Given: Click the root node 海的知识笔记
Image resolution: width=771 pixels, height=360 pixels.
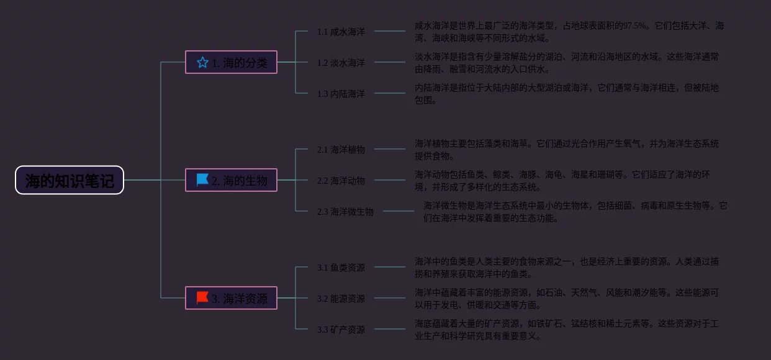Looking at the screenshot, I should pyautogui.click(x=70, y=181).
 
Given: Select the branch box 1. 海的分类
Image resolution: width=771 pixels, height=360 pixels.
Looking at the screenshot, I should pyautogui.click(x=231, y=62).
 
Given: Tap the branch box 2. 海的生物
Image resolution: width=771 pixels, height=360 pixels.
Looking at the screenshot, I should pyautogui.click(x=231, y=180).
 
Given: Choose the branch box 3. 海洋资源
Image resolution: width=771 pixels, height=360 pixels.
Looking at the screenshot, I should pyautogui.click(x=231, y=298).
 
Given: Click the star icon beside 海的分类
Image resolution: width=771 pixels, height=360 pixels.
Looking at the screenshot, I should pyautogui.click(x=202, y=62).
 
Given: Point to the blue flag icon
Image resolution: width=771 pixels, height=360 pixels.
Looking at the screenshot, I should pyautogui.click(x=202, y=180).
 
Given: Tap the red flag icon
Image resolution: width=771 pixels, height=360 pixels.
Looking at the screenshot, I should pyautogui.click(x=202, y=298).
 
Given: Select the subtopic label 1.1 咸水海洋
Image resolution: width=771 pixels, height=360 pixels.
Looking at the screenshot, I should pyautogui.click(x=341, y=32).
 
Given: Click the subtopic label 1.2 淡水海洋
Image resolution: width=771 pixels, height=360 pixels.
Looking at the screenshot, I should pyautogui.click(x=341, y=63).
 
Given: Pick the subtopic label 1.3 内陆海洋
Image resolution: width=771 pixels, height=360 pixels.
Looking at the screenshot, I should pyautogui.click(x=341, y=94).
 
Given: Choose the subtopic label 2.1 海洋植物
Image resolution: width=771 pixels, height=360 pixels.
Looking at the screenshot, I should pyautogui.click(x=341, y=150).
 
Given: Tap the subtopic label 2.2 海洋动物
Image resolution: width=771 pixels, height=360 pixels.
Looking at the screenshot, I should pyautogui.click(x=341, y=181).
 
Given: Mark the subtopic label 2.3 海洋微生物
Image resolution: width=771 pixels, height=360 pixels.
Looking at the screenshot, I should pyautogui.click(x=345, y=212).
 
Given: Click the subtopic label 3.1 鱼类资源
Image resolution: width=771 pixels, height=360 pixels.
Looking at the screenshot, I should pyautogui.click(x=341, y=268).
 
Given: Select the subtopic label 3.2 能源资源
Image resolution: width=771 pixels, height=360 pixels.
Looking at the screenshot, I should pyautogui.click(x=341, y=299).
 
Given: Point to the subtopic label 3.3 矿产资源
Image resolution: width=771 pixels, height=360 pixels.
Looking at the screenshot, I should pyautogui.click(x=341, y=330).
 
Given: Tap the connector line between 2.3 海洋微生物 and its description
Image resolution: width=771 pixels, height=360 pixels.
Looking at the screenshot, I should pyautogui.click(x=398, y=211).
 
